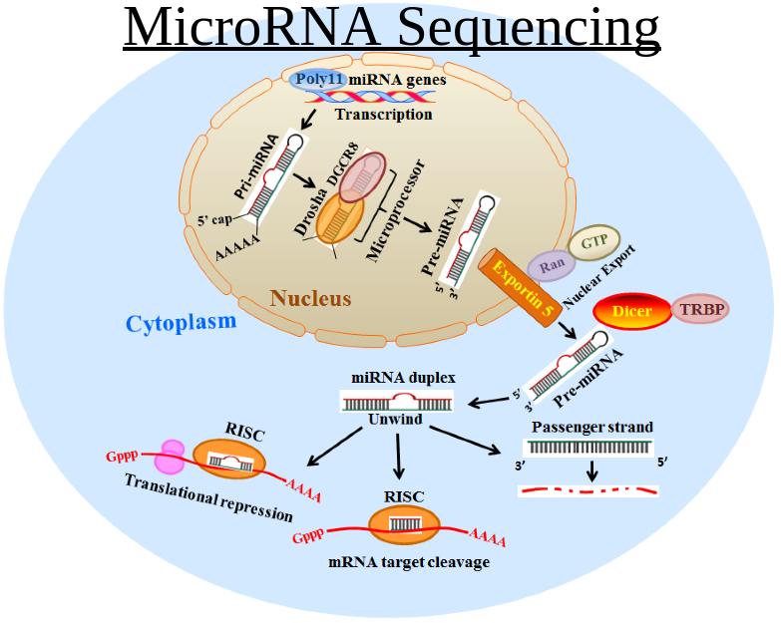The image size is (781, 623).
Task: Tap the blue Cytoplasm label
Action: click(x=181, y=322)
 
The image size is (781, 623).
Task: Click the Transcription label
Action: click(x=383, y=115)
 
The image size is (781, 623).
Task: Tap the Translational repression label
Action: click(x=208, y=497)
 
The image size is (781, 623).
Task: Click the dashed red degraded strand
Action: click(x=588, y=491)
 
